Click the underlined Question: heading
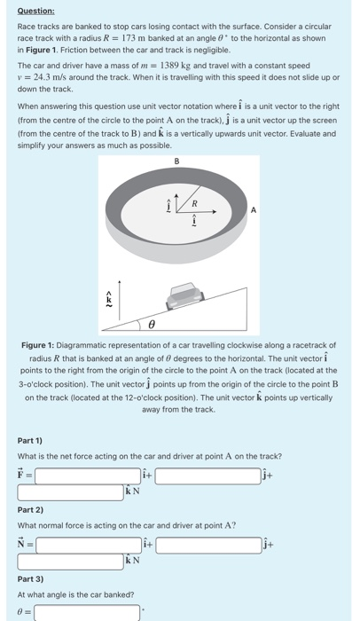click(36, 11)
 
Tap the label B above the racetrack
click(176, 161)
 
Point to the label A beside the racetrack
click(254, 210)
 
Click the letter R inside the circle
click(194, 203)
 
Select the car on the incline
click(185, 295)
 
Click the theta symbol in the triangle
click(152, 325)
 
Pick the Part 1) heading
click(29, 441)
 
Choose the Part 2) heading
click(30, 510)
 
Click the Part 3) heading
click(30, 579)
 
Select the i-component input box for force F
click(88, 476)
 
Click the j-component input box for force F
click(207, 476)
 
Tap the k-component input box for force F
click(71, 492)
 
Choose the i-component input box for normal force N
click(89, 545)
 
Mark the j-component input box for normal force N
click(208, 545)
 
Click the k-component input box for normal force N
click(71, 562)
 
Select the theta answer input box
click(87, 612)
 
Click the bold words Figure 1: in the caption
click(37, 345)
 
